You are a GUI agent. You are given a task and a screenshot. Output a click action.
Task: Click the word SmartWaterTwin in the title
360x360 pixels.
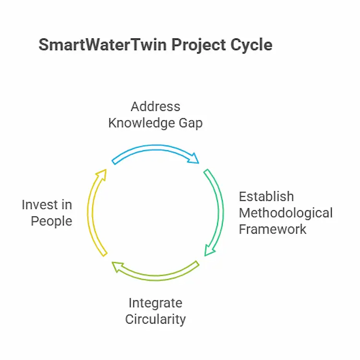103,45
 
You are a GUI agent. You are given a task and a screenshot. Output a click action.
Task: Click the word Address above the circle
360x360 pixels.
156,107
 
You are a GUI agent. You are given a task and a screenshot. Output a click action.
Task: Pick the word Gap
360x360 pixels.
191,123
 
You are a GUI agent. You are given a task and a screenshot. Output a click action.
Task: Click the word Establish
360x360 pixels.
266,196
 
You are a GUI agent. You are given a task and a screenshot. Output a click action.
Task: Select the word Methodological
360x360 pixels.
286,213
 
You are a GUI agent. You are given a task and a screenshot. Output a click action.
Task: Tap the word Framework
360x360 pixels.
273,229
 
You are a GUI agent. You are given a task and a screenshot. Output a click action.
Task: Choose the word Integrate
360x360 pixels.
156,303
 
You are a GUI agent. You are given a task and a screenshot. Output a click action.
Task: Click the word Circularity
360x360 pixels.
156,319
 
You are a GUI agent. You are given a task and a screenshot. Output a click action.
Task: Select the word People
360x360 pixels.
51,221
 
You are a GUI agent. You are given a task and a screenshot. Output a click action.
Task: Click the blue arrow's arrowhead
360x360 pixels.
194,158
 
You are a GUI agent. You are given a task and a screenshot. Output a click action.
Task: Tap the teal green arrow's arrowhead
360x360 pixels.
209,250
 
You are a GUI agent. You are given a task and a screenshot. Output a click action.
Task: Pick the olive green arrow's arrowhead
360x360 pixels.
118,267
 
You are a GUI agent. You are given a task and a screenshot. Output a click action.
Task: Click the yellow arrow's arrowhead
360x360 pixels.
102,175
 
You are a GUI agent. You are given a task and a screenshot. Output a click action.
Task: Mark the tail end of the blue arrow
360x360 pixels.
113,162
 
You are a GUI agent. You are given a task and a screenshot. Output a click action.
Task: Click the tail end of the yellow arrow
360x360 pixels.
105,254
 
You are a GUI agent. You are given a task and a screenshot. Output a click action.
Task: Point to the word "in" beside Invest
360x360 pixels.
67,205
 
